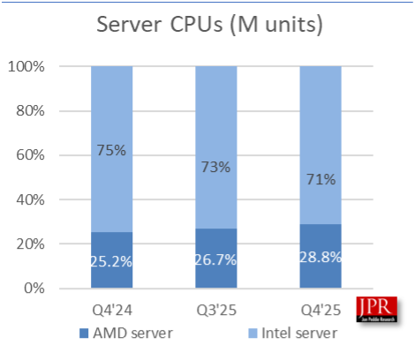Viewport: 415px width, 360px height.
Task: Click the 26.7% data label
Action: pyautogui.click(x=216, y=260)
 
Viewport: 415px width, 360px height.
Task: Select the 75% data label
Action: pyautogui.click(x=112, y=150)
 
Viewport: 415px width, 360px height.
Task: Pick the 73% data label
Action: pyautogui.click(x=216, y=166)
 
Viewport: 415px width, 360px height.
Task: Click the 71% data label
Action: pyautogui.click(x=321, y=180)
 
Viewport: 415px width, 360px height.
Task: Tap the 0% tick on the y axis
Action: pyautogui.click(x=41, y=289)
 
